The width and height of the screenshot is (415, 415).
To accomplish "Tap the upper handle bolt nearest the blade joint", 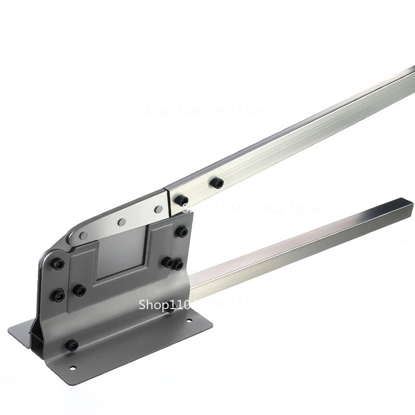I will tap(181, 200).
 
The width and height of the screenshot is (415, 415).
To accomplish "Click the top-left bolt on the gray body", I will tap(59, 265).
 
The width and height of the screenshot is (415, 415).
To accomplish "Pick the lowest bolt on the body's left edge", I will tap(58, 296).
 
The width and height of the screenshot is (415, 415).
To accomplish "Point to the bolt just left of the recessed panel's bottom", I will tap(79, 290).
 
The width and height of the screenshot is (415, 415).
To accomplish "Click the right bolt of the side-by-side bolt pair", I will tap(177, 265).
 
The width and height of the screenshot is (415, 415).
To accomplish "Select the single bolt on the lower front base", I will tap(72, 345).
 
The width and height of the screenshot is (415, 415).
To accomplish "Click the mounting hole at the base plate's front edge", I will tap(72, 369).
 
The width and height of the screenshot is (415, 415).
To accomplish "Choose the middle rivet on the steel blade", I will tap(122, 222).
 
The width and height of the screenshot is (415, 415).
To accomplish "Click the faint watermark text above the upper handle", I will tap(208, 110).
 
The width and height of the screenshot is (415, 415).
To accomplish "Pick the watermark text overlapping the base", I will tap(208, 305).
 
